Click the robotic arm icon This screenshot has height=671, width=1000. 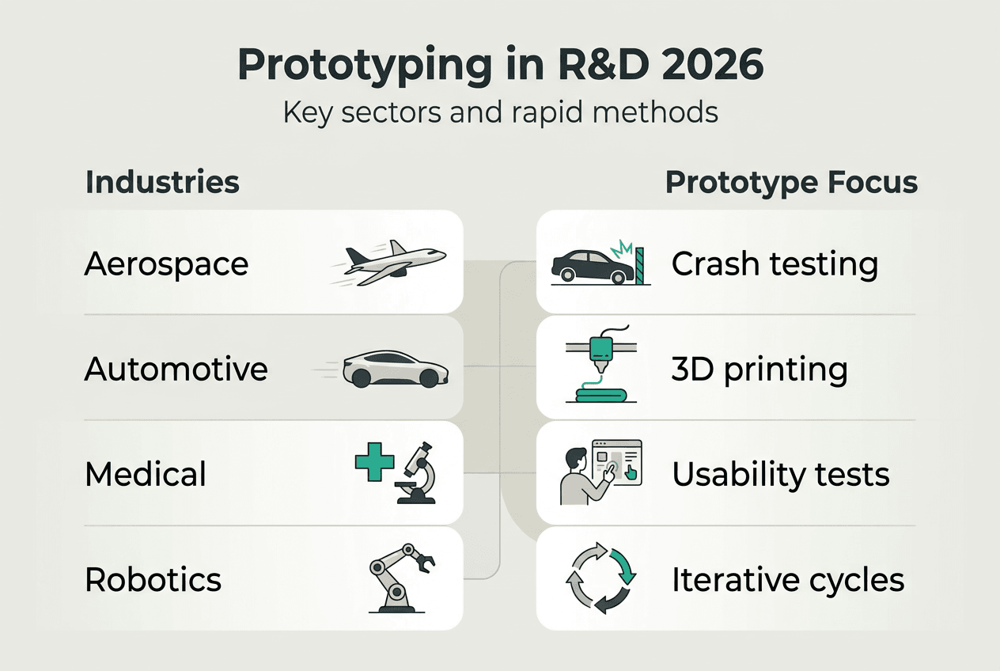click(402, 578)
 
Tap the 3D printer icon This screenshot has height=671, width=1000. click(600, 369)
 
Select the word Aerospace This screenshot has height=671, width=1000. click(166, 264)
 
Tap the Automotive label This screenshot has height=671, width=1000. click(176, 370)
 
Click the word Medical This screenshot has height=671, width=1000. click(146, 475)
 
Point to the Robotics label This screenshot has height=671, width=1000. click(153, 580)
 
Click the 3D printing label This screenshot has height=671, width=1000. click(759, 370)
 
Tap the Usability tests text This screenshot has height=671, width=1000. click(781, 475)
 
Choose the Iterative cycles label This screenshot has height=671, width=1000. click(788, 580)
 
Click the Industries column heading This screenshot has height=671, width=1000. click(162, 183)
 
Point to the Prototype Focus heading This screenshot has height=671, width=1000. click(791, 183)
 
